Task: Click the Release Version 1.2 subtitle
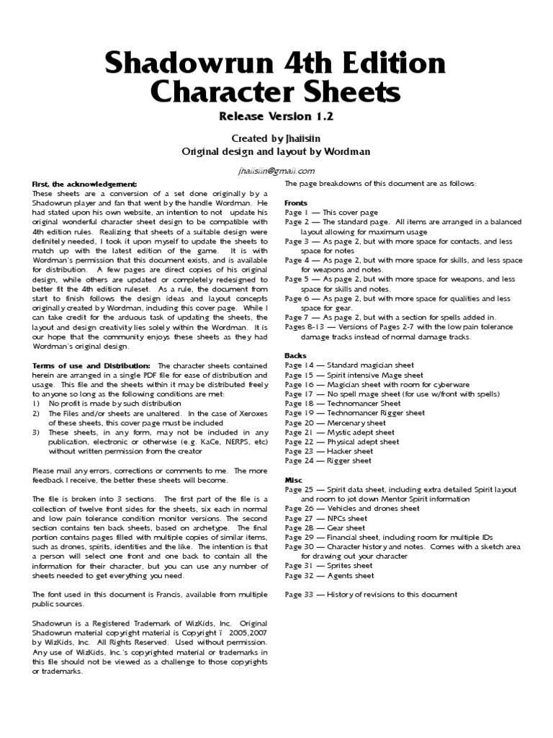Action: pos(276,115)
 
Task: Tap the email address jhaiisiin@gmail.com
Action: pos(276,171)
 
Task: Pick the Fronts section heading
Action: pos(296,203)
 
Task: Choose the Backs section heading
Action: pos(295,356)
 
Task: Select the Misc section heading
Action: pos(294,479)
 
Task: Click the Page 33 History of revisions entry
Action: pos(371,595)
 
